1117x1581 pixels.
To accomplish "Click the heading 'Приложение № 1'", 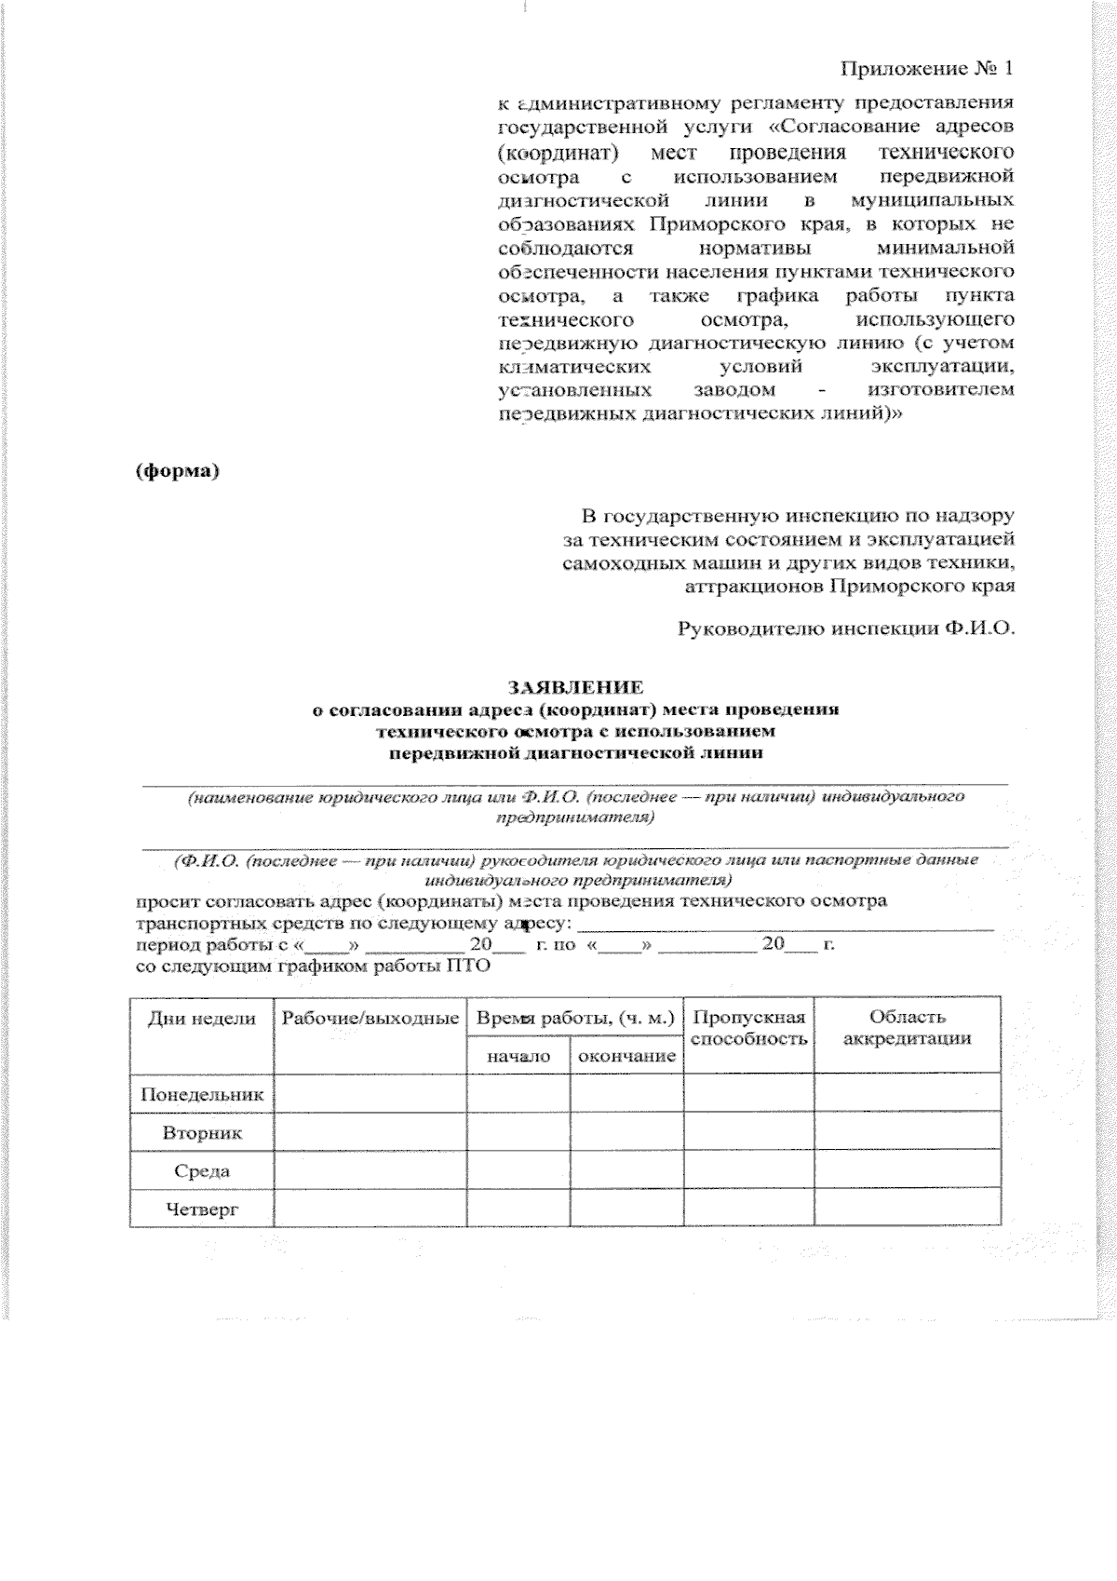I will (x=925, y=70).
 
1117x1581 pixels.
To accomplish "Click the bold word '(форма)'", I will (x=178, y=471).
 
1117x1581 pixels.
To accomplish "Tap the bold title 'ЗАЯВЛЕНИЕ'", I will (x=574, y=688).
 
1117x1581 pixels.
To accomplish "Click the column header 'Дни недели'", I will (x=202, y=1019).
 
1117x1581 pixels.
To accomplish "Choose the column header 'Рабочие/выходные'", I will (x=370, y=1019).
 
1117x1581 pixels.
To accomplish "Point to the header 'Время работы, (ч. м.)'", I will (x=574, y=1019).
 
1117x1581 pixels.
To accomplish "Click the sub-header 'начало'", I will (x=518, y=1057).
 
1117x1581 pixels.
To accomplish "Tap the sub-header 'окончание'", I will (x=626, y=1057).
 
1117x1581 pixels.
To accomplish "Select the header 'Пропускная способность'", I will (x=749, y=1028).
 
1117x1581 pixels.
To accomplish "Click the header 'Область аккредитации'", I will (x=908, y=1028).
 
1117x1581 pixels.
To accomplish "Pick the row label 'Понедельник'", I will (x=202, y=1094).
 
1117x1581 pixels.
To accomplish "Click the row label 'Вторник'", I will (x=202, y=1133).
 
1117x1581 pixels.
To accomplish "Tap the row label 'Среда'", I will (x=202, y=1171).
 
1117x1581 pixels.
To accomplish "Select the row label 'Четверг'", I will (x=202, y=1209).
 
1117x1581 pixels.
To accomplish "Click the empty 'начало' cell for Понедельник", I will (x=518, y=1093).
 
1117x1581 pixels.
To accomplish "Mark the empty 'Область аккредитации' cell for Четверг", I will (x=908, y=1209).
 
